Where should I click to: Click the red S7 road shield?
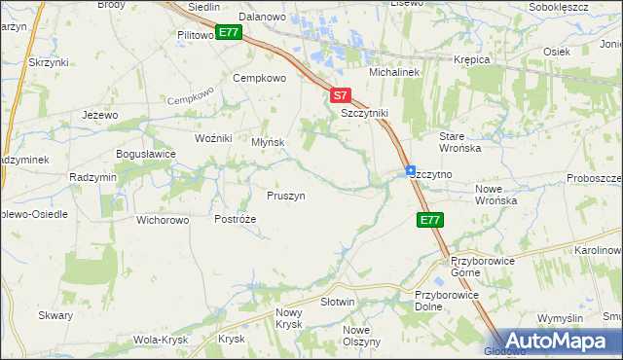(339, 95)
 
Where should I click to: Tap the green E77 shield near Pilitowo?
(229, 32)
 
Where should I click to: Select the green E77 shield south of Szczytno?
(432, 221)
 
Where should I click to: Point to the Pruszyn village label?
(286, 196)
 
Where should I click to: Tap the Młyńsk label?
(268, 141)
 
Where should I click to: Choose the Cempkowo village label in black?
(259, 78)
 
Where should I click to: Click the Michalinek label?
(392, 73)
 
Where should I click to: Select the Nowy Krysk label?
(289, 318)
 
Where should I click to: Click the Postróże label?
(235, 219)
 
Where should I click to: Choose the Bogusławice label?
(145, 154)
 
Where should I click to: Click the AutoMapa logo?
(560, 341)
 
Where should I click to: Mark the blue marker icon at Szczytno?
(412, 170)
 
